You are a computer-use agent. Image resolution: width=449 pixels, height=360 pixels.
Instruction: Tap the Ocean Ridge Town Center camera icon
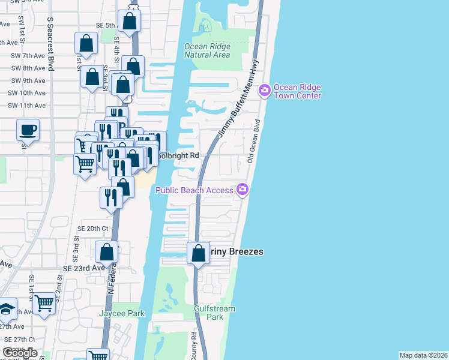click(x=264, y=91)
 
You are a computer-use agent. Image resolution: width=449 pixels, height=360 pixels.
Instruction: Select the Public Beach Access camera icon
click(x=243, y=190)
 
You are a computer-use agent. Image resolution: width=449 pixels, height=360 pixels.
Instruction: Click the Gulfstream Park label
click(x=214, y=313)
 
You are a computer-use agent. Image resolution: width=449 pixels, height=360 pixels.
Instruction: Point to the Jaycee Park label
click(x=122, y=313)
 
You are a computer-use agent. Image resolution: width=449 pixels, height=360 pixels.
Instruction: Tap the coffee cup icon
click(x=28, y=130)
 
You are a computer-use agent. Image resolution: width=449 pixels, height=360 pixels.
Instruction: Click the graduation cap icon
click(x=6, y=308)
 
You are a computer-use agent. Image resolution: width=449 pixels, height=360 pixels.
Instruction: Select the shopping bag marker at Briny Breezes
click(x=198, y=253)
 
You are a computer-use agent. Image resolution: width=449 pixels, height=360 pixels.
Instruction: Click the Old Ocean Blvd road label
click(x=253, y=145)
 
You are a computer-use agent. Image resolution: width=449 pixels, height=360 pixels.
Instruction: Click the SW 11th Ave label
click(x=24, y=106)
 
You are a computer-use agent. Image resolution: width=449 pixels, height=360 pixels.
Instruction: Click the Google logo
click(x=20, y=353)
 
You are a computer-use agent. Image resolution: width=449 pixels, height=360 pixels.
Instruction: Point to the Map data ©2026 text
click(x=423, y=355)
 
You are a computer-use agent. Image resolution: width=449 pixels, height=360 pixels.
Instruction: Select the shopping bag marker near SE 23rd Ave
click(x=106, y=252)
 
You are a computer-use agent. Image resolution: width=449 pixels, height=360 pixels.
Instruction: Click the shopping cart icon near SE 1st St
click(x=44, y=302)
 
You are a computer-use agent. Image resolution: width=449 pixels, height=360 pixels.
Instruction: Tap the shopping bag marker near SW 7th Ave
click(x=86, y=44)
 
